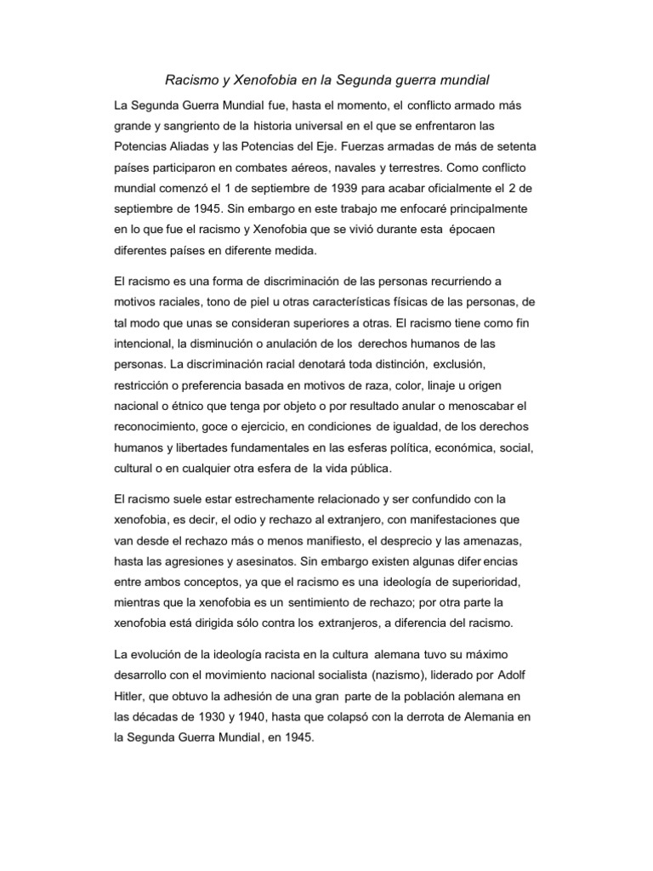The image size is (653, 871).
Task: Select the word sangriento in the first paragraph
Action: pyautogui.click(x=194, y=127)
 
